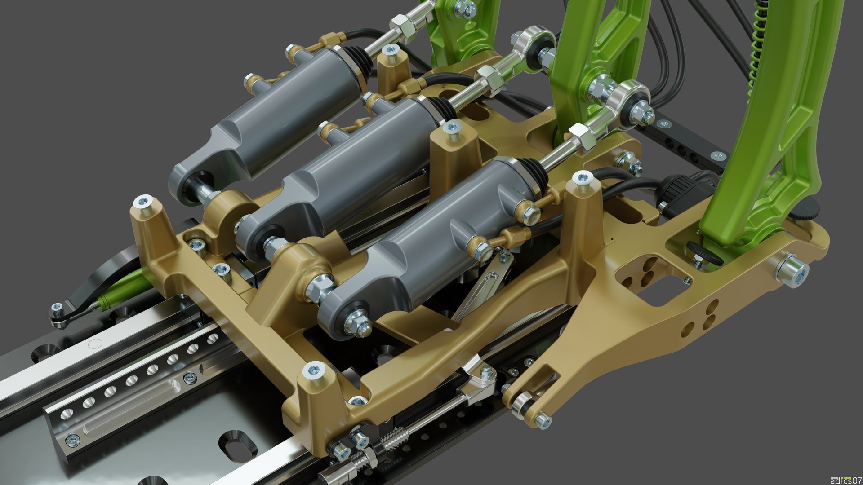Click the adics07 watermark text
[x=845, y=480]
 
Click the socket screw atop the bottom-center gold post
[x=313, y=370]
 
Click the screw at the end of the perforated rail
[x=72, y=439]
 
